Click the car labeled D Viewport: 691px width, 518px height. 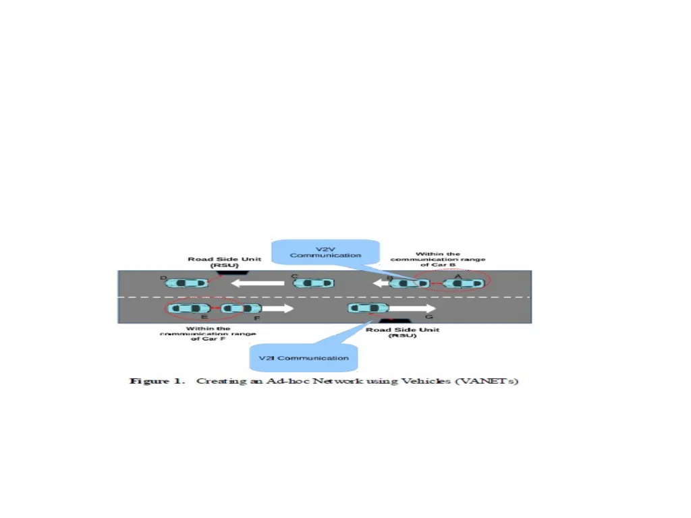click(186, 283)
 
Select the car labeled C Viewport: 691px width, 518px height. click(313, 283)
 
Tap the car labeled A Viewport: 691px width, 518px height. click(464, 283)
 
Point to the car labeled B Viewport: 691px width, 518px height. click(409, 283)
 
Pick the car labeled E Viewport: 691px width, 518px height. click(191, 308)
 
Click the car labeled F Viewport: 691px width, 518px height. click(241, 308)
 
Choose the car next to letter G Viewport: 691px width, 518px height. click(368, 308)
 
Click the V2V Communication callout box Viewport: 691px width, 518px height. click(325, 252)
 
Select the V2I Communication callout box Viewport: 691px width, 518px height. click(304, 357)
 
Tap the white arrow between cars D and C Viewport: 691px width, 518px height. click(258, 283)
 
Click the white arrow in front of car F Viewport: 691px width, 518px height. click(277, 308)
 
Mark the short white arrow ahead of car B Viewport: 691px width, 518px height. click(381, 283)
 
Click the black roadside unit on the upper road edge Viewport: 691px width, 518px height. click(232, 273)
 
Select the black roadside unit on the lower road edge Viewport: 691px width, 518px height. click(395, 320)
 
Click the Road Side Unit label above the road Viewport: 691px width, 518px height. click(225, 262)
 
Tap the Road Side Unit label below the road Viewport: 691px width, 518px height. click(403, 332)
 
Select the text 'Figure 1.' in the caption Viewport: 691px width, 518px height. click(157, 381)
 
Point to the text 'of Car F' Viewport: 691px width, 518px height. click(208, 339)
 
